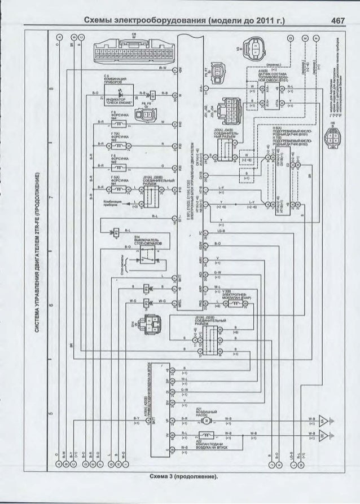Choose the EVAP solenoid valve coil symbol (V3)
(232, 303)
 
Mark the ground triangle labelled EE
(324, 436)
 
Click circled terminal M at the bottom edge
(305, 466)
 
